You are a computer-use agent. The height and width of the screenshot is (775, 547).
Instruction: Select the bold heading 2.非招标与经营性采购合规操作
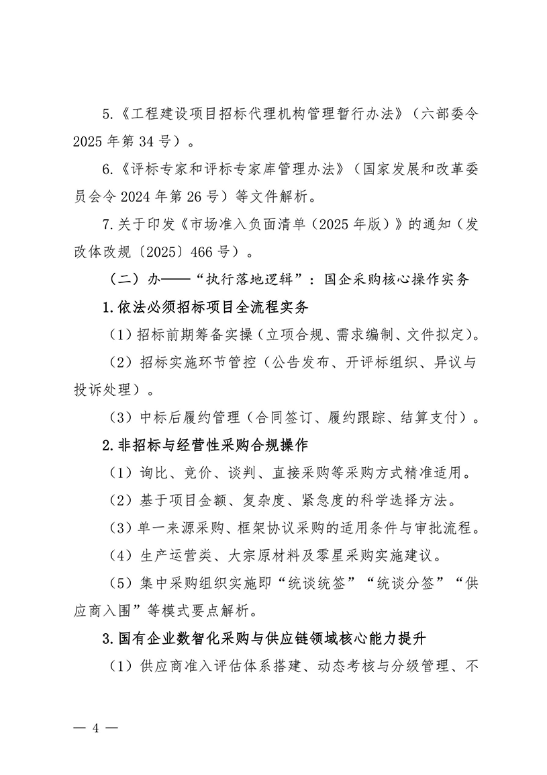coord(205,446)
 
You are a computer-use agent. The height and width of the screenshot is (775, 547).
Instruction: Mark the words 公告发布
coord(299,363)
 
